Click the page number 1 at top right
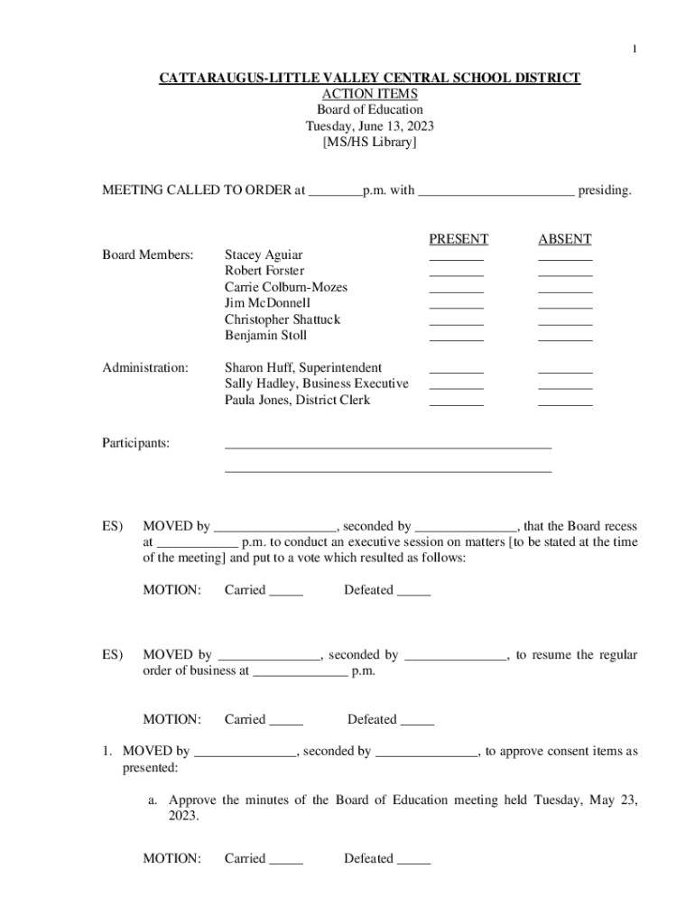[634, 49]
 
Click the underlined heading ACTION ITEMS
[370, 94]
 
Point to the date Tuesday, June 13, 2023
[370, 126]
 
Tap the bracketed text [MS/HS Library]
[370, 143]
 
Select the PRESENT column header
[459, 239]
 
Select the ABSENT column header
[565, 239]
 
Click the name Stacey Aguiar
[264, 255]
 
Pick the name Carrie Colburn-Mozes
[286, 287]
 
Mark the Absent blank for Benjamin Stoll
[565, 339]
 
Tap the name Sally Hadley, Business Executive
[316, 383]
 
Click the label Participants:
[135, 443]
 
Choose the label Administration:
[145, 367]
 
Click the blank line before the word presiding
[496, 193]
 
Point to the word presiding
[605, 190]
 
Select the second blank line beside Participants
[388, 470]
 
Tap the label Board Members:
[147, 255]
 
